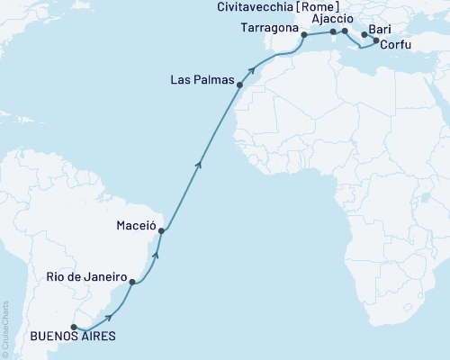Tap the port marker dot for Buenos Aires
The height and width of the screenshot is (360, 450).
tap(74, 327)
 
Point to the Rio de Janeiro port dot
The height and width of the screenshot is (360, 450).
tap(132, 283)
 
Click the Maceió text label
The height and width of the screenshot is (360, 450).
tap(135, 225)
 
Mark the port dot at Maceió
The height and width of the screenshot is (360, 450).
tap(161, 231)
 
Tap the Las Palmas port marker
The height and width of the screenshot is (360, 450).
tap(239, 85)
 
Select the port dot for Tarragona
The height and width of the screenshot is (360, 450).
tap(304, 35)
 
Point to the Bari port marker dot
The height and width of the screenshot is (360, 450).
tap(364, 36)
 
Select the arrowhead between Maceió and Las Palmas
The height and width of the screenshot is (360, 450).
tap(198, 164)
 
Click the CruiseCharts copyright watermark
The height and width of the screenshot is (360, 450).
tap(4, 329)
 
